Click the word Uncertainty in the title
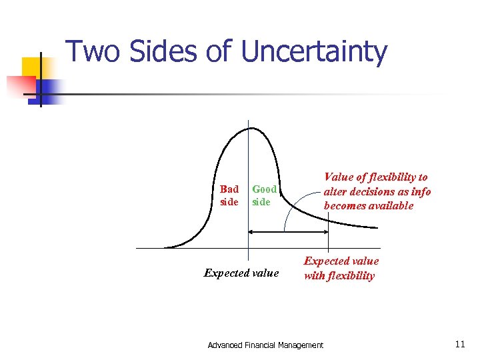[x=314, y=52]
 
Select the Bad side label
[x=229, y=195]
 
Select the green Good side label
[x=264, y=195]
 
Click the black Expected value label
[x=241, y=273]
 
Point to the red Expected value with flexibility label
[x=341, y=269]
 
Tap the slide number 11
[x=459, y=344]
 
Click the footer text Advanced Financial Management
[x=265, y=345]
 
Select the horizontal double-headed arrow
[x=288, y=231]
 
